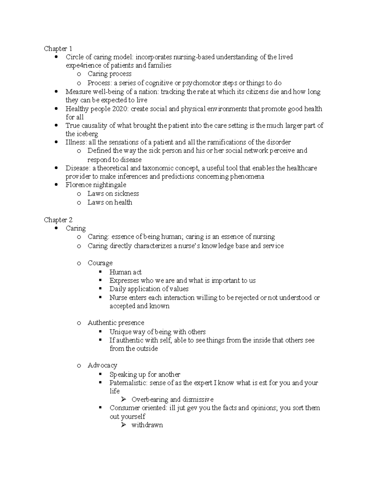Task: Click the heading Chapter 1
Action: tap(58, 49)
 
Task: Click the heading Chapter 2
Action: tap(58, 220)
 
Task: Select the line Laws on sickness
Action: tap(113, 193)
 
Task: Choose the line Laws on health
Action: tap(110, 202)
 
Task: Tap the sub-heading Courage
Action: tap(100, 263)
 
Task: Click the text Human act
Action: tap(125, 272)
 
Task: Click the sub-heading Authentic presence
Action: tap(116, 323)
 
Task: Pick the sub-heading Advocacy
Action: tap(102, 365)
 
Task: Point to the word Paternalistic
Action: tap(128, 383)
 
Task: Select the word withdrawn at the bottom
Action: tap(147, 425)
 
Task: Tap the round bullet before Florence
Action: tap(56, 185)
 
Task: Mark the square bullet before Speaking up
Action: tap(100, 374)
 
